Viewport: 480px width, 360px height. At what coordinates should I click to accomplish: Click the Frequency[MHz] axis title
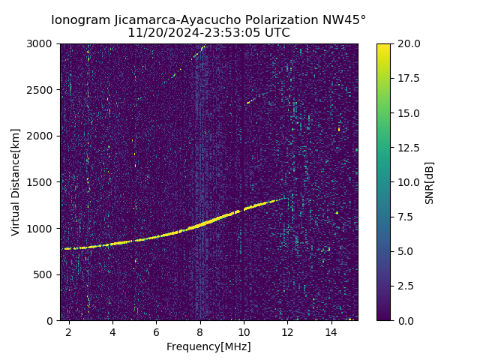[208, 346]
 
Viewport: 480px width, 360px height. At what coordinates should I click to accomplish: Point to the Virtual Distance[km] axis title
[16, 181]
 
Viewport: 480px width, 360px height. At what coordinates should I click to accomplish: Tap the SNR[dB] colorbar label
[430, 182]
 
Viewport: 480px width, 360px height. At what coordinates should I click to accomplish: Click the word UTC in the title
[277, 33]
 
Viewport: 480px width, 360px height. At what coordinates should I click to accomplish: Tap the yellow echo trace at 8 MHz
[200, 226]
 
